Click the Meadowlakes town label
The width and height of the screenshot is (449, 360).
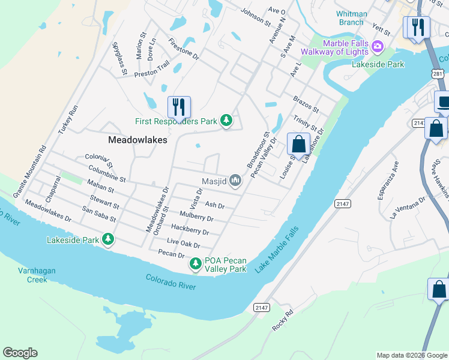(x=137, y=139)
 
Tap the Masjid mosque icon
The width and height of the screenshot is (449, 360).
(x=235, y=180)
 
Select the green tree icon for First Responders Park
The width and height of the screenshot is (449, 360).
(x=226, y=121)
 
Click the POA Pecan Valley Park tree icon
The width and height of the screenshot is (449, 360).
(x=196, y=263)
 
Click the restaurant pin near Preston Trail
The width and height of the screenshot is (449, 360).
(x=179, y=107)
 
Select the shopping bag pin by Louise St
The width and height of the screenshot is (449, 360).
(x=298, y=144)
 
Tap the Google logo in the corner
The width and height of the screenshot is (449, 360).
(x=20, y=353)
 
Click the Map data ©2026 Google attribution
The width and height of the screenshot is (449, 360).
(x=411, y=355)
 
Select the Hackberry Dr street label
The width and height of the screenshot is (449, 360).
(x=190, y=230)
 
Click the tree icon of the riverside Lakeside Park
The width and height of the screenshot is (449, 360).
(x=108, y=240)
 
